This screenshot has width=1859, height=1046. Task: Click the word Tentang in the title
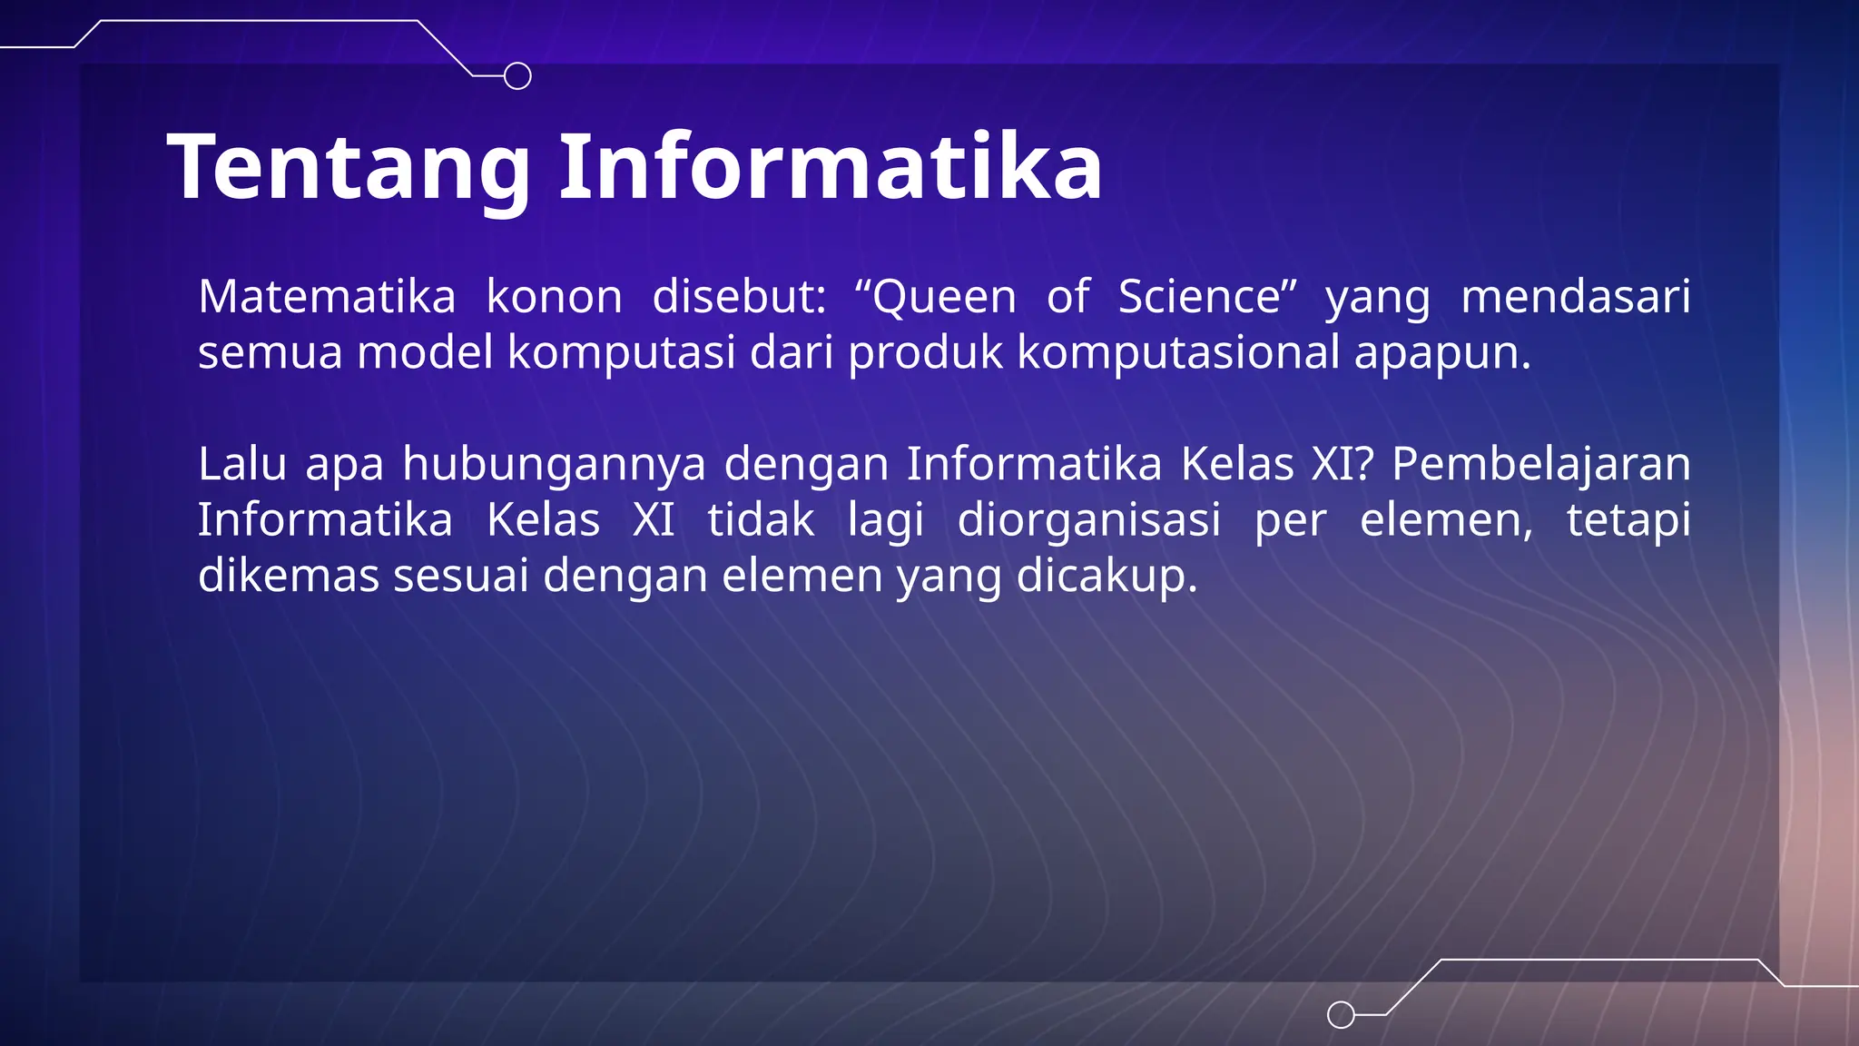[349, 168]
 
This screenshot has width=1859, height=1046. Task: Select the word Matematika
[327, 297]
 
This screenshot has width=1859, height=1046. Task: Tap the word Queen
[943, 298]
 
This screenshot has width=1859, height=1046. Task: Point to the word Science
[1199, 297]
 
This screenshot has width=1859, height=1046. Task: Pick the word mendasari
[1575, 297]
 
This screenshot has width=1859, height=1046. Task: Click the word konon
[554, 297]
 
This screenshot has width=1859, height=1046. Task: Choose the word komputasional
[1178, 353]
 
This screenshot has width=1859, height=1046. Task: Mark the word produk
[925, 353]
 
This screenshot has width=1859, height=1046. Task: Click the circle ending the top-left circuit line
[517, 76]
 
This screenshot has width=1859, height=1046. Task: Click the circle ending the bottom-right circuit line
[1341, 1014]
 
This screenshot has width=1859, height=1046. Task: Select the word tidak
[761, 520]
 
